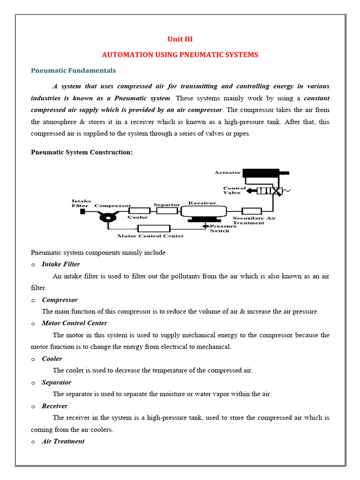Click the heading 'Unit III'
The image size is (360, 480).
[180, 39]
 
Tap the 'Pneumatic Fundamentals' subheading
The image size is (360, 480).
[73, 70]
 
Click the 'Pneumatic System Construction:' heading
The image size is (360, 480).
[78, 152]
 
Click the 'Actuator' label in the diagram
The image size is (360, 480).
[227, 172]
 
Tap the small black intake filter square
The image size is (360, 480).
[82, 211]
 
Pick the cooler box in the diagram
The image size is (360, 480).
[137, 211]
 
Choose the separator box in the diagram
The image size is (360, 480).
[167, 211]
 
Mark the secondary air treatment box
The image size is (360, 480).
[251, 211]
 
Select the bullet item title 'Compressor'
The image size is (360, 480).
[60, 300]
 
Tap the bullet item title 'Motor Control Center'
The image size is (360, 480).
[74, 323]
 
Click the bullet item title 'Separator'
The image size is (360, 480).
[56, 382]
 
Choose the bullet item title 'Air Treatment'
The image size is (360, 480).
[63, 442]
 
